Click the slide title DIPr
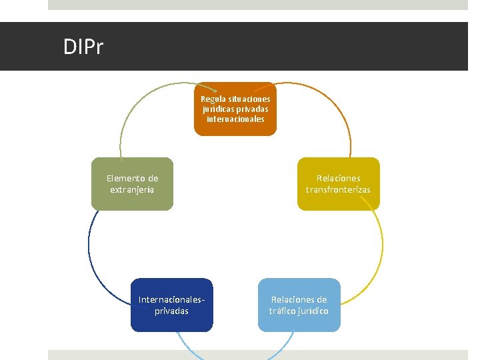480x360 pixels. click(x=83, y=47)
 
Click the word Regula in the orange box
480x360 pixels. click(x=213, y=99)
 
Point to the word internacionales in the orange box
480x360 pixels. click(x=235, y=119)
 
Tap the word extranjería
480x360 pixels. click(x=132, y=189)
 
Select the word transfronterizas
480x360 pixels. click(x=338, y=189)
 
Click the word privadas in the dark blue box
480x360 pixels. click(x=172, y=311)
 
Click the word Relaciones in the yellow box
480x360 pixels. click(x=338, y=178)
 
